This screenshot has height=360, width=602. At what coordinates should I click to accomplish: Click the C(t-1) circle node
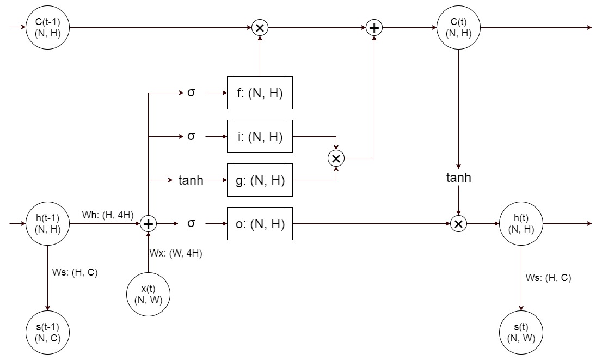coord(48,27)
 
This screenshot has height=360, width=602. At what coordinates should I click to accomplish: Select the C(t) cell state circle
coord(458,27)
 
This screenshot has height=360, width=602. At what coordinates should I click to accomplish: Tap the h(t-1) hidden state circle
coord(48,223)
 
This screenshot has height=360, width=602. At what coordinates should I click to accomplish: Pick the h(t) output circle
coord(521,223)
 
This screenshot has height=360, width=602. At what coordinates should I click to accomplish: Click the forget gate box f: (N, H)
coord(260,93)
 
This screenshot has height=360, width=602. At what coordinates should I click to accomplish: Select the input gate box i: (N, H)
coord(260,136)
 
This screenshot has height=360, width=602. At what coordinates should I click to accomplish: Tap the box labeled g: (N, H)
coord(260,180)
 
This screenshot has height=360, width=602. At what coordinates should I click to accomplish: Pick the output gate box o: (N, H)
coord(260,223)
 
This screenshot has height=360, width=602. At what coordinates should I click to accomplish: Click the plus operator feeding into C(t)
coord(374,27)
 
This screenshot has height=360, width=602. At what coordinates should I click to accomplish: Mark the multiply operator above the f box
coord(260,27)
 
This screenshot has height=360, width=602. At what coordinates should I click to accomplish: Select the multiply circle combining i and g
coord(336,158)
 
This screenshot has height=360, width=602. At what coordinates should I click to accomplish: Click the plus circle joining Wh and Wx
coord(148,223)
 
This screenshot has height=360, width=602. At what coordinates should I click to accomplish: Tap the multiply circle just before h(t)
coord(458,223)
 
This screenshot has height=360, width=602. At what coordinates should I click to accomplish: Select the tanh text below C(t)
coord(458,178)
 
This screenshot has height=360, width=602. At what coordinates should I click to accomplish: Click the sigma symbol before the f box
coord(191,93)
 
